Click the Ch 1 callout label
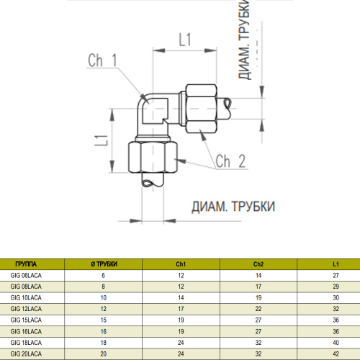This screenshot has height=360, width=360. tap(102, 60)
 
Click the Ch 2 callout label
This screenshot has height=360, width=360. tap(230, 161)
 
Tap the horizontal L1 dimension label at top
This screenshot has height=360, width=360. tap(185, 40)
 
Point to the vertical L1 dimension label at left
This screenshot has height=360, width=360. tap(101, 140)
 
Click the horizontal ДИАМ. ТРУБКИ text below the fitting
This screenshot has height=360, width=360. tap(233, 207)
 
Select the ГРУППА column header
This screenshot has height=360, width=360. tap(26, 264)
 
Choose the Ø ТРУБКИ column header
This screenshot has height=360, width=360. tap(104, 264)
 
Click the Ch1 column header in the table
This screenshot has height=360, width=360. tap(181, 264)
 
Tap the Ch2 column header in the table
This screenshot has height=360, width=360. tap(258, 264)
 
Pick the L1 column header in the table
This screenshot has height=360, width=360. tap(336, 264)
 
